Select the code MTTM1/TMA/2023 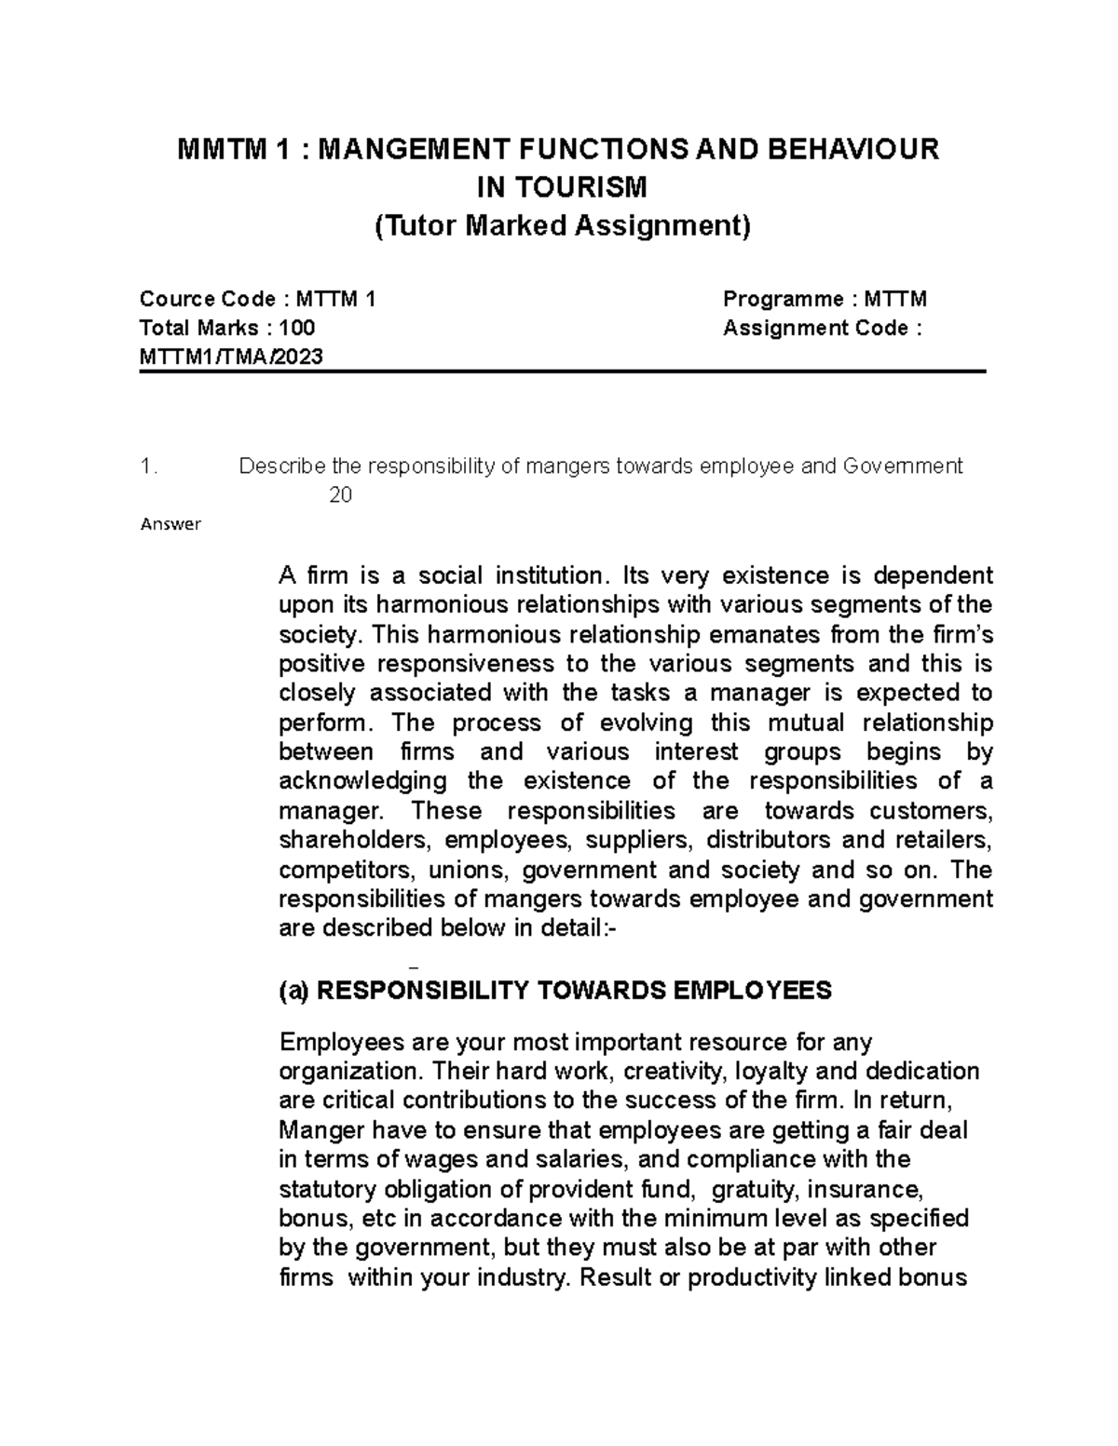coord(231,356)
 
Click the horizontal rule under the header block coord(561,372)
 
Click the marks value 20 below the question coord(340,495)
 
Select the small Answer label coord(170,524)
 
